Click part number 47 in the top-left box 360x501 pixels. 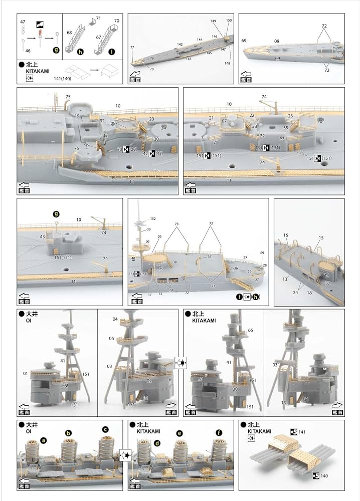(x=23, y=23)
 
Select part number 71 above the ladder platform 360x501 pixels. (x=98, y=19)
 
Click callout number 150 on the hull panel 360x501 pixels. (x=229, y=21)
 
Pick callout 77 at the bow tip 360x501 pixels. (x=132, y=47)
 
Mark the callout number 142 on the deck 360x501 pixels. (x=179, y=45)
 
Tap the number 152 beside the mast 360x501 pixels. (x=153, y=218)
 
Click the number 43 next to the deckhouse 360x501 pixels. (x=43, y=236)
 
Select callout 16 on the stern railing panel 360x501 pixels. (x=286, y=234)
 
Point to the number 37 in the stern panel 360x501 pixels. (x=327, y=283)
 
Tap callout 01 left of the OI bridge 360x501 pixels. (x=25, y=373)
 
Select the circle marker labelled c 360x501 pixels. (x=105, y=429)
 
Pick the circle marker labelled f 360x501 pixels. (x=218, y=432)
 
